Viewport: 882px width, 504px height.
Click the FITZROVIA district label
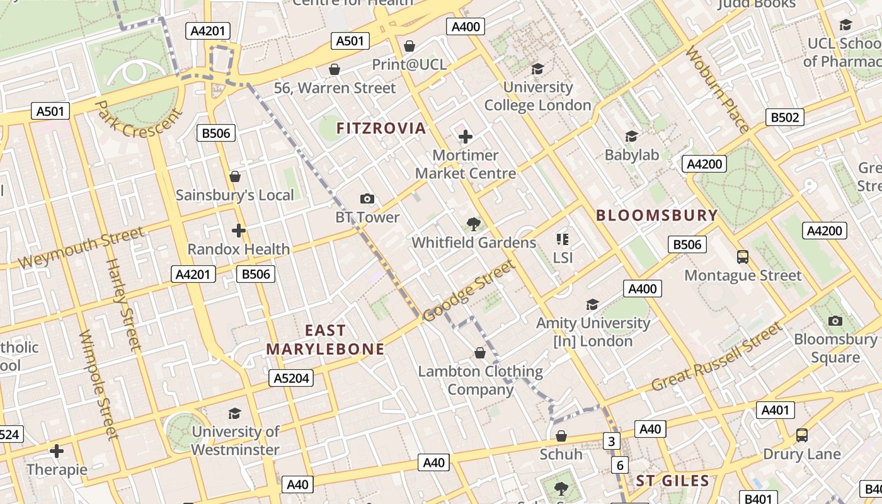click(381, 129)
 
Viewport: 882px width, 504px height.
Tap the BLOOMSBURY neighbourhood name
click(657, 215)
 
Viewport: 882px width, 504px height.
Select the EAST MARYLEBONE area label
click(325, 340)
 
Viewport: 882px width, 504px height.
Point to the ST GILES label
click(672, 481)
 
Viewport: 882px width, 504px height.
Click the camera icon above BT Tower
click(367, 199)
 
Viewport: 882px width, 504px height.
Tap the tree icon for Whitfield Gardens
click(473, 224)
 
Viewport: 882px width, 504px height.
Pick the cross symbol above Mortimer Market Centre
click(466, 137)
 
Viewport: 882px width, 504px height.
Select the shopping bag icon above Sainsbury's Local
click(235, 176)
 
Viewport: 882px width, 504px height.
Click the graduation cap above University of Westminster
click(235, 413)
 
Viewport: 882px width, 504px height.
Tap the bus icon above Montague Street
click(743, 257)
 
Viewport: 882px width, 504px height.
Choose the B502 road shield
click(785, 117)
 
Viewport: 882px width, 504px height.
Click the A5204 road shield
click(291, 378)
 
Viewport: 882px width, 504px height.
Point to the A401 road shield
click(775, 410)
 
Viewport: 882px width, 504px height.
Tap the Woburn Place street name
click(718, 89)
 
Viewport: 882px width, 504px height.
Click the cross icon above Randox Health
click(238, 231)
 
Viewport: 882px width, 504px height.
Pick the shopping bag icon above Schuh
click(561, 436)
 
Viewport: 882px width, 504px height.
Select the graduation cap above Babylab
click(631, 136)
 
